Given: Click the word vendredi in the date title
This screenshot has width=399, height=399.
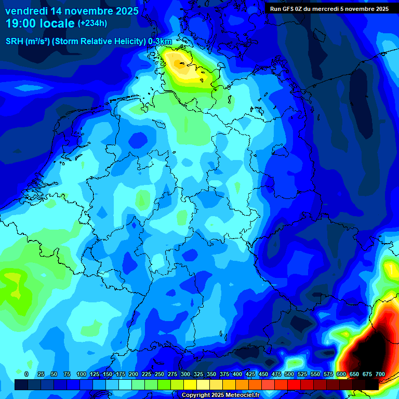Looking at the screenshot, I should click(x=26, y=11).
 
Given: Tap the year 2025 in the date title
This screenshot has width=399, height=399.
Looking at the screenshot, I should click(x=124, y=11).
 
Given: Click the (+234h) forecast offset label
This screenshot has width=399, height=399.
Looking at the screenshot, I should click(x=92, y=23).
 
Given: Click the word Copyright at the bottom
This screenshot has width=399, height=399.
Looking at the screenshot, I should click(x=197, y=395).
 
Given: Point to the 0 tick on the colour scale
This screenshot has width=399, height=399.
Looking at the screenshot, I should click(x=26, y=374).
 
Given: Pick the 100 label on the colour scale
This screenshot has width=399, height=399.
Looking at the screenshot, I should click(x=81, y=374).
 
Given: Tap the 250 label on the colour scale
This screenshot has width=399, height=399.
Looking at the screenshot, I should click(x=159, y=374).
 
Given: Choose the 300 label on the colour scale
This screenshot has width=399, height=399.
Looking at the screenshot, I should click(x=185, y=374).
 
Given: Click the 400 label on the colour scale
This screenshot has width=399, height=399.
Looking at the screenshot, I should click(x=237, y=374).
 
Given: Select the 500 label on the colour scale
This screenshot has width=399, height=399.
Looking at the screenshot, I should click(x=289, y=374).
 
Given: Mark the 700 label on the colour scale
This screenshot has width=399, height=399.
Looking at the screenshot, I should click(x=380, y=374).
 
